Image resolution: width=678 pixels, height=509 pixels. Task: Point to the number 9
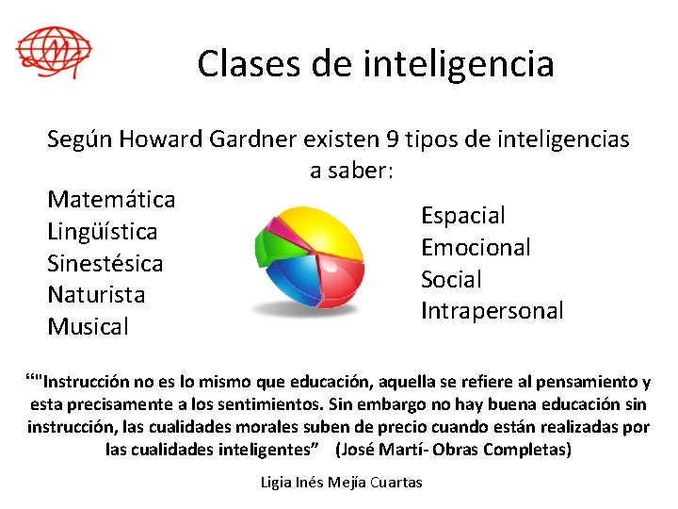click(x=393, y=140)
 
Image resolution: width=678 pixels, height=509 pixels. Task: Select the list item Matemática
click(x=111, y=200)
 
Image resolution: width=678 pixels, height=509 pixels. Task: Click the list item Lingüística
click(x=103, y=232)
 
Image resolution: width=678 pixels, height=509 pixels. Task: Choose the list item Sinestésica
click(x=105, y=264)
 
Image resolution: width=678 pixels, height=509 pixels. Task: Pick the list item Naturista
click(x=96, y=295)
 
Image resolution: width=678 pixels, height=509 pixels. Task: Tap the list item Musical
click(x=88, y=327)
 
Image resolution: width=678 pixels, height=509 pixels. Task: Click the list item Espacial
click(x=462, y=216)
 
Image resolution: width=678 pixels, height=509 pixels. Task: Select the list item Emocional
click(x=476, y=248)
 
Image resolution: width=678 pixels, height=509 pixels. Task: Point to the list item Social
click(x=451, y=280)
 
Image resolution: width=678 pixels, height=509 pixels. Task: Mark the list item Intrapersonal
click(x=492, y=311)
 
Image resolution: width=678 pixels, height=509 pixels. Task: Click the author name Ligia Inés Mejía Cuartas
click(x=341, y=483)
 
